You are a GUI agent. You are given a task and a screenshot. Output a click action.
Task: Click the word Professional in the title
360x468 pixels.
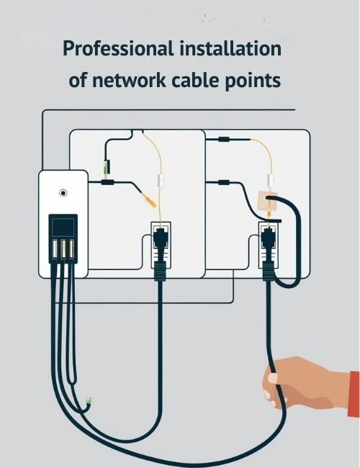pos(118,49)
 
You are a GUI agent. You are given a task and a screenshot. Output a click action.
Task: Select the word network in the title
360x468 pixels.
pos(129,80)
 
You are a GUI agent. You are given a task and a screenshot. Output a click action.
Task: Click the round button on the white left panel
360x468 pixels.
pos(63,193)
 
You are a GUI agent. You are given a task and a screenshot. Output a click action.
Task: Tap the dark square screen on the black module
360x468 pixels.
pos(63,227)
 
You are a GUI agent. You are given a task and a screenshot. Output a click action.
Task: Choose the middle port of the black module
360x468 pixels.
pos(63,248)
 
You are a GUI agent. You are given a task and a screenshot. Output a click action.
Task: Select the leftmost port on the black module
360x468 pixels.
pos(55,248)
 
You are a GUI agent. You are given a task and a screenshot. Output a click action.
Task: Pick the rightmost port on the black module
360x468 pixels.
pos(71,248)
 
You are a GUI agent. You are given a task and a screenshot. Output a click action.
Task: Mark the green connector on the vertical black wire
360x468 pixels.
pos(106,167)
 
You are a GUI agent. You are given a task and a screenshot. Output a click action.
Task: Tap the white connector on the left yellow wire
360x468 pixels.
pos(161,181)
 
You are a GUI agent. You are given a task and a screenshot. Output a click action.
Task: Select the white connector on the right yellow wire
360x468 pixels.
pos(271,180)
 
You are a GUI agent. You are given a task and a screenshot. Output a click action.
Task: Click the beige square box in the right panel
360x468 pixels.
pos(267,201)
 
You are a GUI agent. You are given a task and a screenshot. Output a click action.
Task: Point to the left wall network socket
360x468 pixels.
pos(161,244)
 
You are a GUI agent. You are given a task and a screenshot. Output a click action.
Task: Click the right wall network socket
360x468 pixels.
pos(269,244)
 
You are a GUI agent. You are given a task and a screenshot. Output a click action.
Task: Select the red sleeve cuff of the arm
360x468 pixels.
pos(354,394)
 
